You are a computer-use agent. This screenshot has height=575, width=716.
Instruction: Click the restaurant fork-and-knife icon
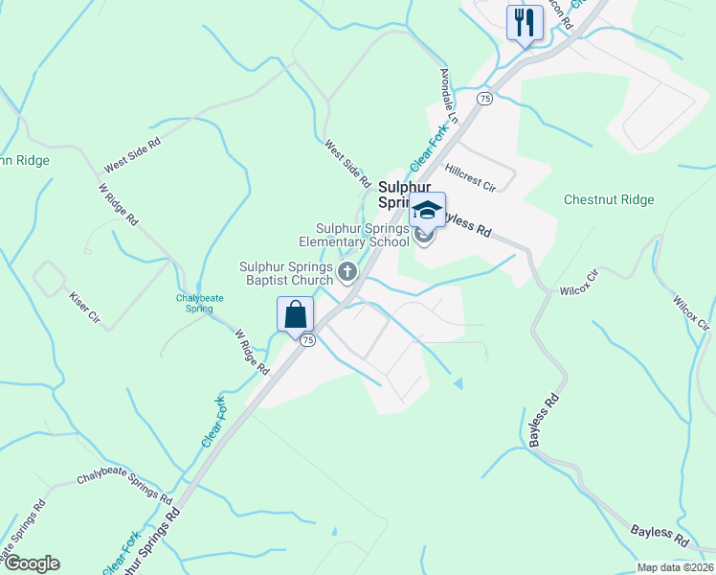point(523,23)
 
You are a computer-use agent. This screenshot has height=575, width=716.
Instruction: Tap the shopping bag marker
point(295,314)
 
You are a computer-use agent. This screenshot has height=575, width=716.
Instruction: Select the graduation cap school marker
point(427,210)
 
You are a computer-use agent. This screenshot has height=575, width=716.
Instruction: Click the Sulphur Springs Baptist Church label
point(285,273)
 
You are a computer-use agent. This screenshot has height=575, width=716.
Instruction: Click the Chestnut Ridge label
point(609,200)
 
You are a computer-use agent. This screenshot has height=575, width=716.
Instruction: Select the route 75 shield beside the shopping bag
point(306,340)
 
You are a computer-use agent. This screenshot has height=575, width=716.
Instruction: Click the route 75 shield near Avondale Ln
point(484,99)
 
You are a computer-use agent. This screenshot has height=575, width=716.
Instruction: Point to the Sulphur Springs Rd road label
point(145,541)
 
